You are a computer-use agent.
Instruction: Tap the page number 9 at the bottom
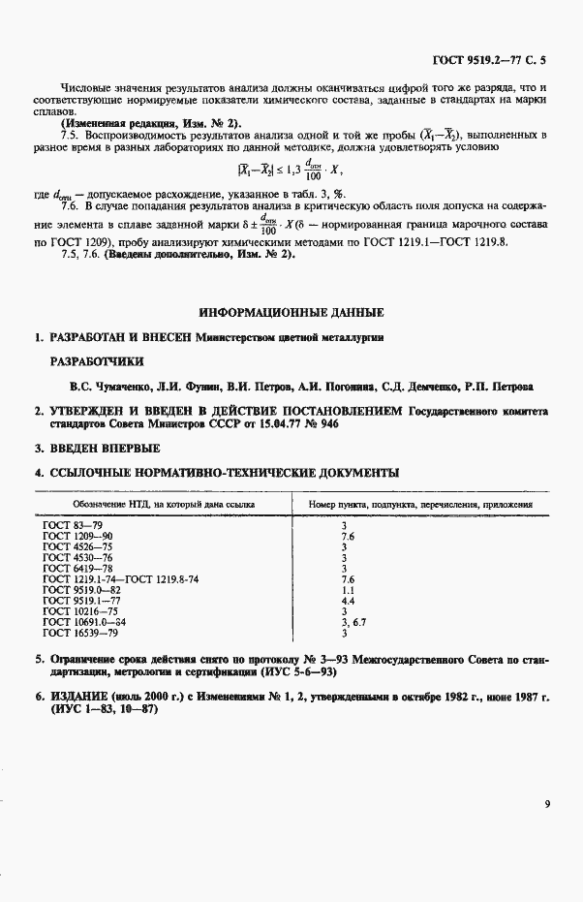(547, 801)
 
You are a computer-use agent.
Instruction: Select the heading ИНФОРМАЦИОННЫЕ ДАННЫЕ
(291, 312)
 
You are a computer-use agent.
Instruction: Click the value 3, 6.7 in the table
(353, 622)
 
